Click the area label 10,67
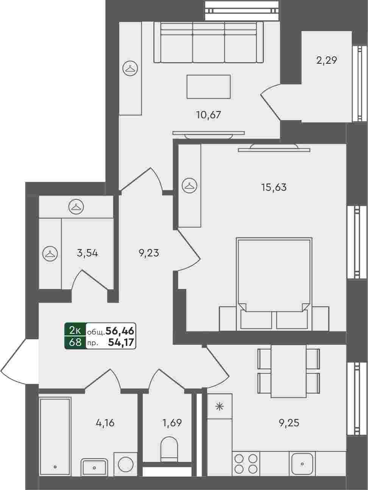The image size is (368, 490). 209,115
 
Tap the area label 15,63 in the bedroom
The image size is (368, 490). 274,187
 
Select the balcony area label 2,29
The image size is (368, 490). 326,60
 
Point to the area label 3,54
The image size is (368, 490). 87,253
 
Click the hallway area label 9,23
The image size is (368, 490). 149,253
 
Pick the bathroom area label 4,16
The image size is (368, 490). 105,422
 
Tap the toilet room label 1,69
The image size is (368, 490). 172,422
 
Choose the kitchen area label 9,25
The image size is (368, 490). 289,422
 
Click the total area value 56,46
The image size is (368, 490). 120,331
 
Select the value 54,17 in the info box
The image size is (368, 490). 121,342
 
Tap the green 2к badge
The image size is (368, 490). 75,330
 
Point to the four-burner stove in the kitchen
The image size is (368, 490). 246,464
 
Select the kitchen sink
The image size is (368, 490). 302,464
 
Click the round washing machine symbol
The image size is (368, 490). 125,465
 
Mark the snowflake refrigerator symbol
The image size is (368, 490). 220,407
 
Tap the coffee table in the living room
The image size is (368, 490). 209,86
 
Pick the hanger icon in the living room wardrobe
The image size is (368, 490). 130,68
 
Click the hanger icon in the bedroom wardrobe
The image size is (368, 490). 190,185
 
